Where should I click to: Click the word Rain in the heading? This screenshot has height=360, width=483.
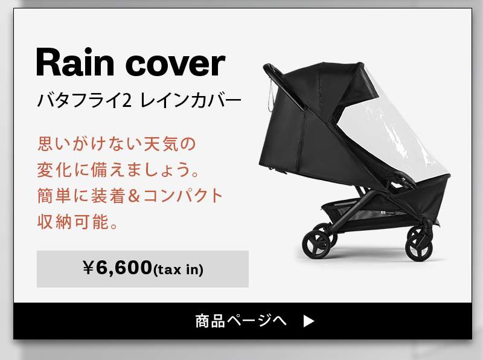pos(75,62)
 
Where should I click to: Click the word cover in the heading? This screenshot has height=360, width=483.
pos(176,64)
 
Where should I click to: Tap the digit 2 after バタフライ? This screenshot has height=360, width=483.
pos(127,100)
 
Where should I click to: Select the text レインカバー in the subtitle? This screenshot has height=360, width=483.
pos(191,100)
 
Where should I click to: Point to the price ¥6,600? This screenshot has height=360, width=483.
pos(117,268)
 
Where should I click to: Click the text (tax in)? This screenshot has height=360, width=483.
pos(178,269)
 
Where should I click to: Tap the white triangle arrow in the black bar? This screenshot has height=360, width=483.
pos(309,321)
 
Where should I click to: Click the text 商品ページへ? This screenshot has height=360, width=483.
pos(241,321)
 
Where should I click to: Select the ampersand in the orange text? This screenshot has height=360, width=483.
pos(133,196)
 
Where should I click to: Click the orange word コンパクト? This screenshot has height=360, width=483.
pos(183,196)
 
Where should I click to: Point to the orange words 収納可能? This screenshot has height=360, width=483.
pos(73,222)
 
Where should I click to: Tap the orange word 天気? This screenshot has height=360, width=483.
pos(162,144)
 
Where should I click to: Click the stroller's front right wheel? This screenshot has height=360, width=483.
pos(418,249)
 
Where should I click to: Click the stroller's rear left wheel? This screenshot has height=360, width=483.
pos(316,245)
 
